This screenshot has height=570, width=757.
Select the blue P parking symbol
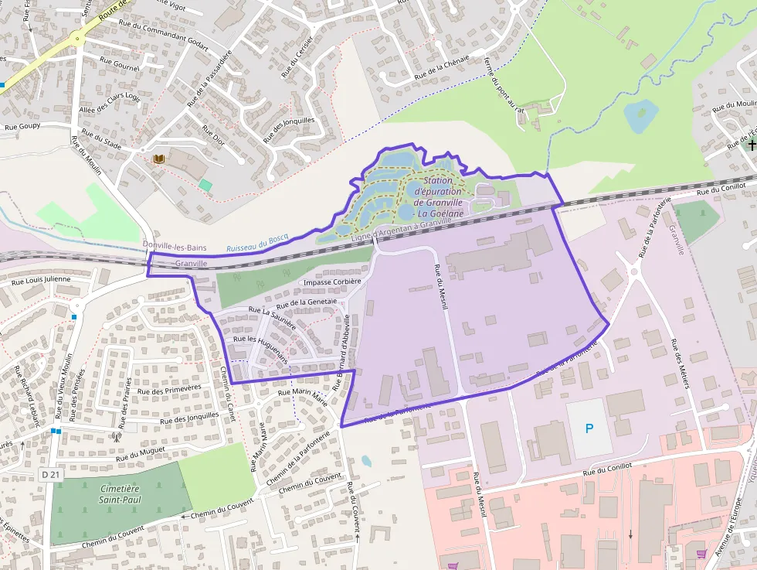[589, 428]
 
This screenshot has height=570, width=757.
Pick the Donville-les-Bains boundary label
[175, 245]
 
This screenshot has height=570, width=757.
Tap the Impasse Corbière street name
[332, 282]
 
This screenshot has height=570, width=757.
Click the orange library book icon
[159, 159]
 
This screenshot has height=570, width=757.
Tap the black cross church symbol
[752, 145]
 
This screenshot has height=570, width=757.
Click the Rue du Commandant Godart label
[164, 34]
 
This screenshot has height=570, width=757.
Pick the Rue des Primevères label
[169, 390]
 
